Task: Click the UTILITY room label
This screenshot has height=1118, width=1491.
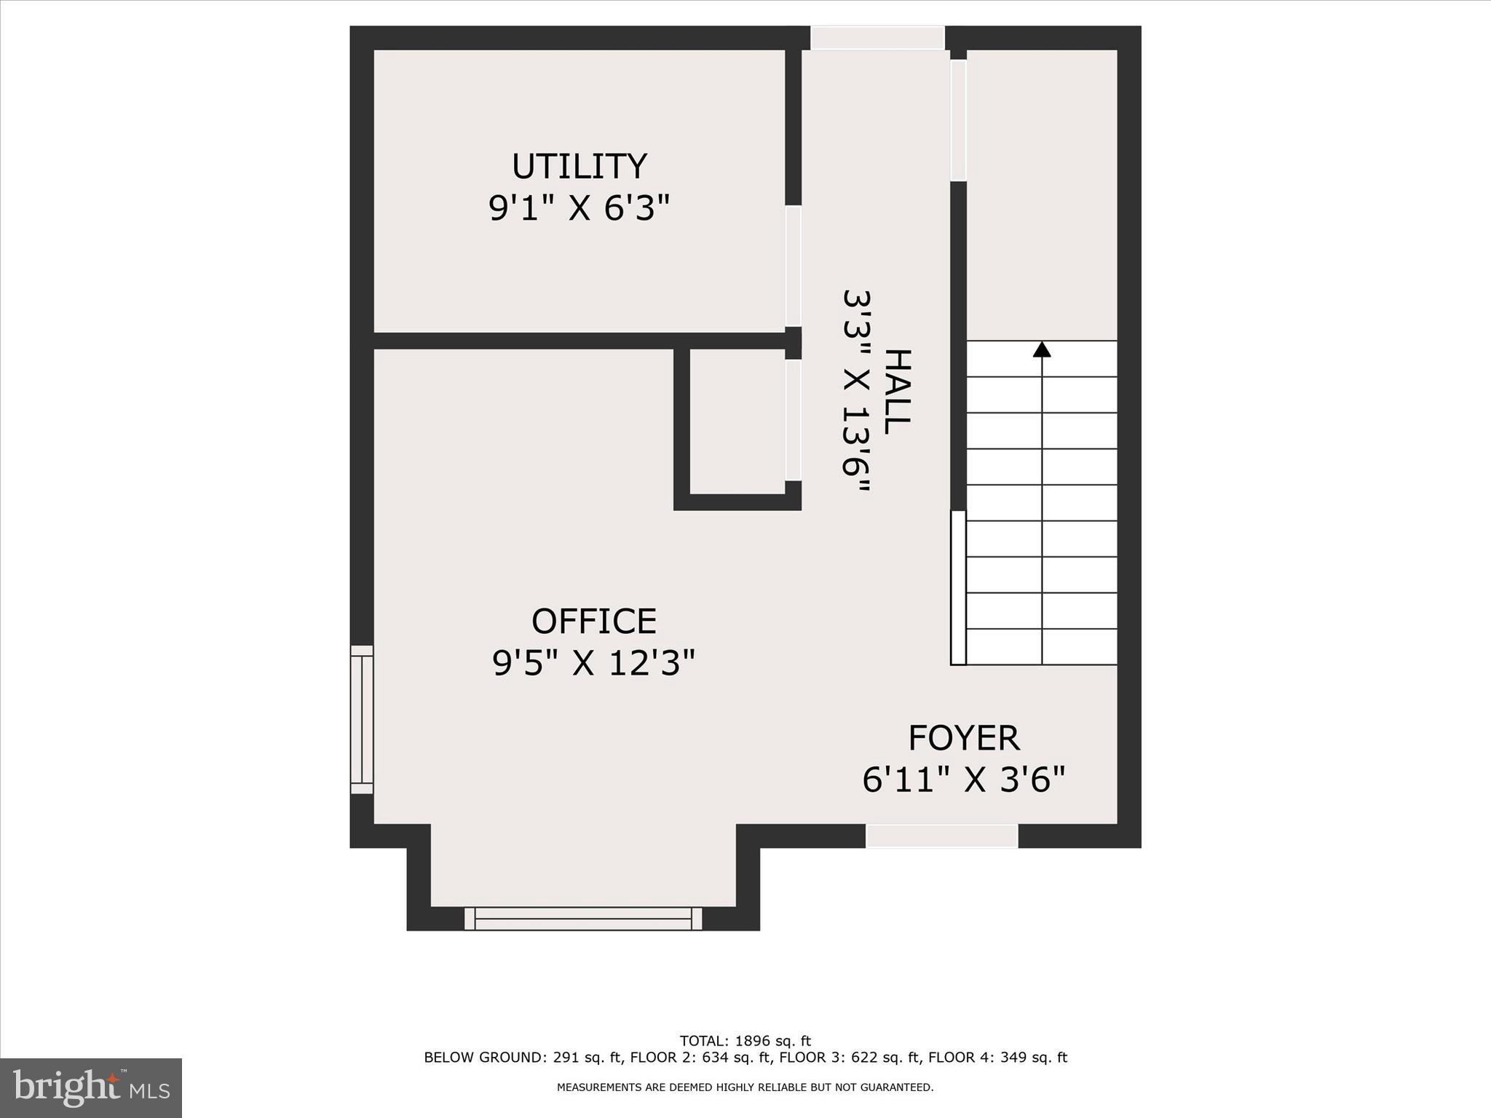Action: coord(579,167)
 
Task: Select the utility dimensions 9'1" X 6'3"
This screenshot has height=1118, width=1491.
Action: coord(579,209)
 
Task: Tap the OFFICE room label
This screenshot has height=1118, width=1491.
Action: coord(593,622)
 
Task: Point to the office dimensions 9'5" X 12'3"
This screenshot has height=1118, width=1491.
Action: coord(593,664)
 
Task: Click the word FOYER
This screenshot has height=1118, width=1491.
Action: coord(963,738)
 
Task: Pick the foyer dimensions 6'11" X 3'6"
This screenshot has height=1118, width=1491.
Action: coord(963,780)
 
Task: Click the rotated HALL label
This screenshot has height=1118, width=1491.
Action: coord(898,392)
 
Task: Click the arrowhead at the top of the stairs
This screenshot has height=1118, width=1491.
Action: coord(1042,350)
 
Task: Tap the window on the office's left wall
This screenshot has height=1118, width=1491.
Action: coord(362,719)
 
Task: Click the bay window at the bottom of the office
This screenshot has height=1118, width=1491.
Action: coord(583,918)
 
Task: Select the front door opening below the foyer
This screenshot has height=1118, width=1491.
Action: coord(941,836)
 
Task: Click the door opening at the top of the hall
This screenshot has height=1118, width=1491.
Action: coord(877,38)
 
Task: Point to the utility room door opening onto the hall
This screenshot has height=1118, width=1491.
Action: coord(794,266)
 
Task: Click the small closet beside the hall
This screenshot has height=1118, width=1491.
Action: coord(737,421)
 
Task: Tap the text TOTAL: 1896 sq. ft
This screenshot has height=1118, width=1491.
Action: coord(745,1041)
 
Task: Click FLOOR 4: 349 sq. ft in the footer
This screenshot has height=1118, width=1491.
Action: coord(997,1058)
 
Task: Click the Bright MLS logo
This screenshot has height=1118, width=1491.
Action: coord(91,1087)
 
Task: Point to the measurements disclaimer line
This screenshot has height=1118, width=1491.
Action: coord(745,1087)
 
